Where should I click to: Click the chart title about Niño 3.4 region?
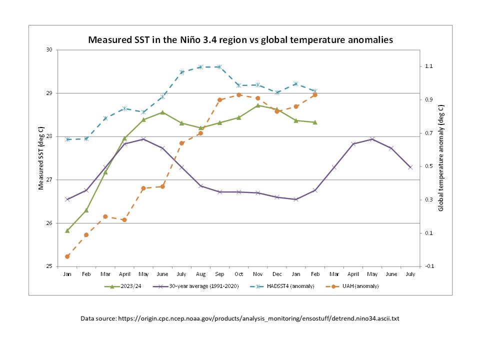tap(240, 39)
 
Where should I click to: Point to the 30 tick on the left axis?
tap(49, 50)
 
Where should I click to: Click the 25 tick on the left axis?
tap(49, 266)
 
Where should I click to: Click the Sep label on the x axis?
tap(219, 274)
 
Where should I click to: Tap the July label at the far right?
tap(410, 274)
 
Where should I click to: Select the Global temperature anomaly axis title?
tap(440, 158)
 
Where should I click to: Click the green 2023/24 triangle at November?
tap(258, 105)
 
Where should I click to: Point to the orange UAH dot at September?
tap(219, 100)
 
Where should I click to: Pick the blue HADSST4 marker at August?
tap(200, 67)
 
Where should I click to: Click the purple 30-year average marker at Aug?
tap(200, 186)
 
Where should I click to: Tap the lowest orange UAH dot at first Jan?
tap(67, 256)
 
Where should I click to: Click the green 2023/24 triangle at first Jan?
tap(67, 230)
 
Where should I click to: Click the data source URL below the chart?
tap(240, 318)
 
